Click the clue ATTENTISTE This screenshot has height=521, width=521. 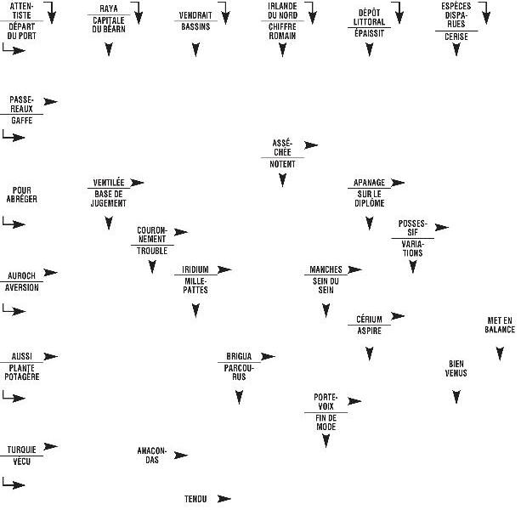pos(23,11)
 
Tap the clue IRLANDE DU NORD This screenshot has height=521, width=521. pos(281,11)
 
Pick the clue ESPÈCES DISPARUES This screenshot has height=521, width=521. pos(456,14)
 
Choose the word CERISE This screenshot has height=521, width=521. pos(456,37)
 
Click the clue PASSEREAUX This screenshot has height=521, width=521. pos(21,104)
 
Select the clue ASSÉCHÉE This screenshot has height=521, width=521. pos(281,145)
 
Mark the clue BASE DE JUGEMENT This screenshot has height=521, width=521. pos(109,199)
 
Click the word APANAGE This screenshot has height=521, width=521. pos(368,183)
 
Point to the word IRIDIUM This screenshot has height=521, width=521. pos(195,269)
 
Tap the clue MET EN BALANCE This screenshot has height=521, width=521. pos(500,325)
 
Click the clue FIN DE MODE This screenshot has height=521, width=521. pos(326,422)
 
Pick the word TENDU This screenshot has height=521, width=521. pos(195,499)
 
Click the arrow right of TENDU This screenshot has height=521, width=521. pos(224,499)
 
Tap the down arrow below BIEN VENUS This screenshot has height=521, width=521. pos(456,396)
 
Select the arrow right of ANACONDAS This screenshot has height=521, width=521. pos(180,455)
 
